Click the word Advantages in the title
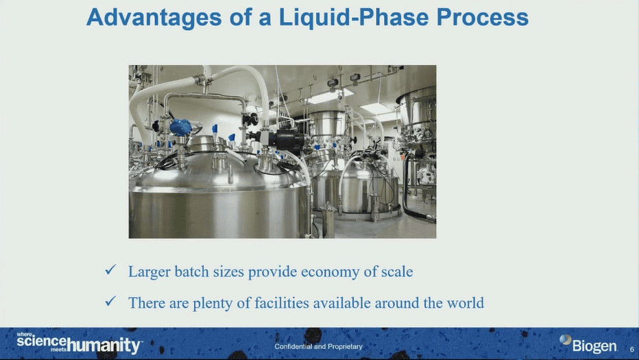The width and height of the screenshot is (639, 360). [x=154, y=19]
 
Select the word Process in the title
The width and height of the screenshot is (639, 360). [x=483, y=17]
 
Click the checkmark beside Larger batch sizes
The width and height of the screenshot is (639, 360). [x=110, y=269]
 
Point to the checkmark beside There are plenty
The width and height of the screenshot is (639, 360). [x=110, y=301]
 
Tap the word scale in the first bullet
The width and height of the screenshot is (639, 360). [x=397, y=272]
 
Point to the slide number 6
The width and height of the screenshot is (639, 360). [x=632, y=350]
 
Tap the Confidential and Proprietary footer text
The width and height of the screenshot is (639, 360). [x=318, y=346]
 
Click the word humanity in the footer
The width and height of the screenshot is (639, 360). [x=104, y=346]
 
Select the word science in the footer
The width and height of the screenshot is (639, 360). [x=41, y=341]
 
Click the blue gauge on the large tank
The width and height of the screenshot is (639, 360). [x=180, y=128]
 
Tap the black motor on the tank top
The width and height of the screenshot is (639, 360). [x=285, y=139]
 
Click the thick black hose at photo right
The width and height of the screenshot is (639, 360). [x=411, y=191]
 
